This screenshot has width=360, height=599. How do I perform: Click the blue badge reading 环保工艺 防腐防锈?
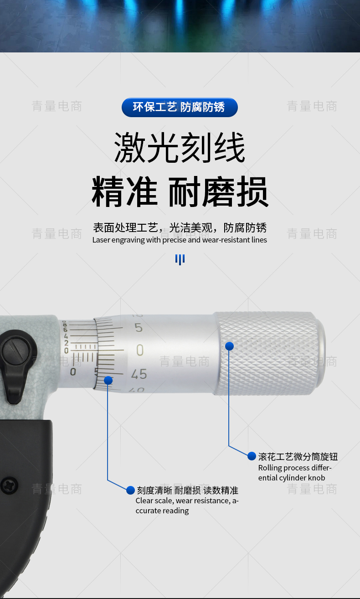[x=180, y=107]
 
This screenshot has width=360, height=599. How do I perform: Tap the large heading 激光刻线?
[x=180, y=147]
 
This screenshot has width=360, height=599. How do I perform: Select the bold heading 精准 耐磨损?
[x=180, y=191]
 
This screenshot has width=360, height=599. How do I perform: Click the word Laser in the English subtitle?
[x=101, y=240]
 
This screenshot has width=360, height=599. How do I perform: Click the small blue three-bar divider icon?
[x=180, y=259]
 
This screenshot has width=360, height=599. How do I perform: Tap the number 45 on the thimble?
[x=139, y=374]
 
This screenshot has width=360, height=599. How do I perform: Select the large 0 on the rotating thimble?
[x=140, y=350]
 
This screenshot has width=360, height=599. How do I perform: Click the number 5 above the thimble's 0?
[x=139, y=328]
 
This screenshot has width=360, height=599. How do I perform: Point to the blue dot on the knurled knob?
[x=229, y=346]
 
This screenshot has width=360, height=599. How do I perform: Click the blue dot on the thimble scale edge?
[x=108, y=380]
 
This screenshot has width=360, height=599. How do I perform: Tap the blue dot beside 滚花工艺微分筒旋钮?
[x=252, y=456]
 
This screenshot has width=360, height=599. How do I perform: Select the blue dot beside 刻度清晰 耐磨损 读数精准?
[x=130, y=490]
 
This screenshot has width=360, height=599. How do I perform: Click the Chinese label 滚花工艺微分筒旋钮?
[x=298, y=456]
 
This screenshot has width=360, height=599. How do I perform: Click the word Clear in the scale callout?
[x=144, y=501]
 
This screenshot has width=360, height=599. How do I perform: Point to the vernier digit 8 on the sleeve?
[x=64, y=324]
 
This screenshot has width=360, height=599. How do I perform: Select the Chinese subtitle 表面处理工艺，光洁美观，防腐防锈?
[x=180, y=228]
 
